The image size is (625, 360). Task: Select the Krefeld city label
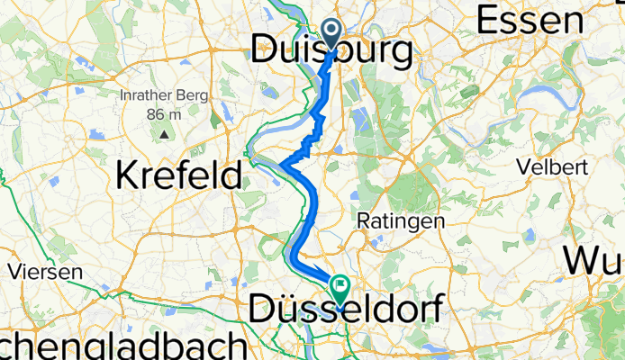(x=179, y=174)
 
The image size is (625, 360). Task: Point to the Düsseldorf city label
(x=345, y=310)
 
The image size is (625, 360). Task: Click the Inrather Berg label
(x=165, y=96)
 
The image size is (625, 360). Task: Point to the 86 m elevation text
(x=165, y=114)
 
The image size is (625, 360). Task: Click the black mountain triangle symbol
(x=165, y=134)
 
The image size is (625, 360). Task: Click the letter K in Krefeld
(x=127, y=174)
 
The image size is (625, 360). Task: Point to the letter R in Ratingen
(x=363, y=220)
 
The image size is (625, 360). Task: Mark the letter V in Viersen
(x=14, y=271)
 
